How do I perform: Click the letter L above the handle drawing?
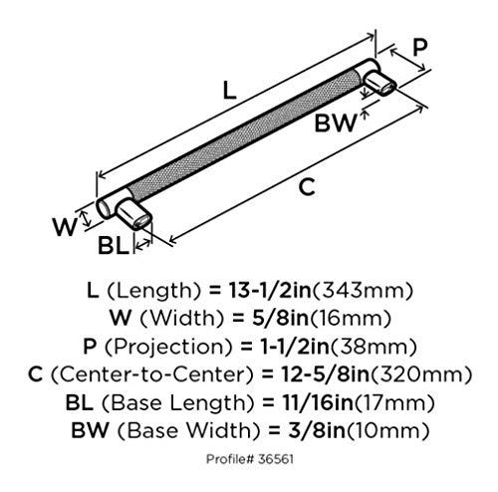[x=229, y=91]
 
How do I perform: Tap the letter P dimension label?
[x=419, y=48]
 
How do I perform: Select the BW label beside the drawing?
[x=336, y=123]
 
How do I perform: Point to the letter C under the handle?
[x=307, y=187]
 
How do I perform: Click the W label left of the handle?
[x=65, y=228]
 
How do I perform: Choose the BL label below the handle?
[x=113, y=246]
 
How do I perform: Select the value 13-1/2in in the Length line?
[x=270, y=291]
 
